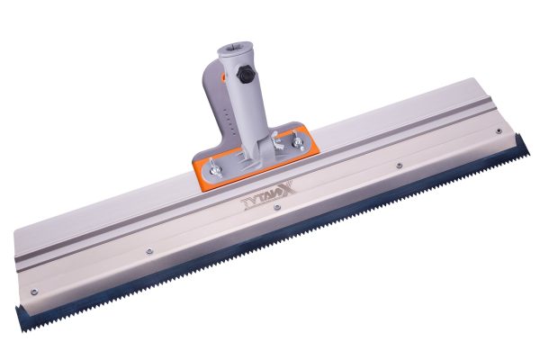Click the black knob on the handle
point(245,75)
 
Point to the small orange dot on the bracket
point(223,77)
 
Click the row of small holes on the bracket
point(228,121)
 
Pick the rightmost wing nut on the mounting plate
point(297,140)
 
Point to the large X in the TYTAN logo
point(286,187)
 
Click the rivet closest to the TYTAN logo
point(276,207)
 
